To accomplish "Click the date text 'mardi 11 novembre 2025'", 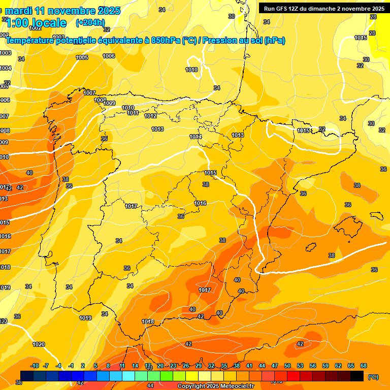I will pos(63,11).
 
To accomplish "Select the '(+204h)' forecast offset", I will pos(90,22).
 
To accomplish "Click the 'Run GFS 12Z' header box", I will pos(323,9).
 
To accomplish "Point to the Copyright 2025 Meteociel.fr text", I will pos(215,386).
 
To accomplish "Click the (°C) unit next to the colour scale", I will pos(373,377).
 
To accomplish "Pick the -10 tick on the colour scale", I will pos(35,366).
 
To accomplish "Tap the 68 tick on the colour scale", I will pos(364,366).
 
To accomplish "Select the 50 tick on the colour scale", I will pos(287,366).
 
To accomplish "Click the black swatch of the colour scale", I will pos(357,376).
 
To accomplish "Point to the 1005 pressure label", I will pos(82,57).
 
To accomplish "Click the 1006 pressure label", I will pos(109,56).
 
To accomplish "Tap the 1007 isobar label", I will pos(89,93).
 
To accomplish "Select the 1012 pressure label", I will pos(150,116).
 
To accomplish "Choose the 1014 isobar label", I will pos(196,137).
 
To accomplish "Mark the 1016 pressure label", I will pos(200,203).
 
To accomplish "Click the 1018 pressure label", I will pos(148,321).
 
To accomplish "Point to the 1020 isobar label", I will pos(39,344).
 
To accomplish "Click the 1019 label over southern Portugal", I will pos(85,318).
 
